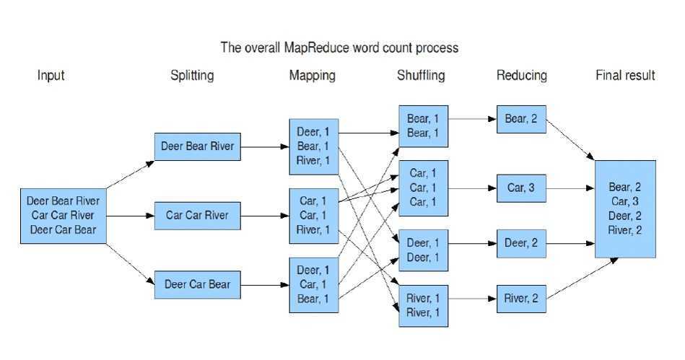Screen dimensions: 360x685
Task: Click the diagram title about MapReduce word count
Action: (339, 48)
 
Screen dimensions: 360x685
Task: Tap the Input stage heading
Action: (51, 75)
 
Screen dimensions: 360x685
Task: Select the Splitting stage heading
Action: (192, 75)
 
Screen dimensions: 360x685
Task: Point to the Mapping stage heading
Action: (312, 75)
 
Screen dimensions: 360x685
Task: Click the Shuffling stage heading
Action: (421, 75)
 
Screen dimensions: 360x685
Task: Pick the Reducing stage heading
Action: (522, 75)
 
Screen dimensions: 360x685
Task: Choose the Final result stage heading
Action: (625, 75)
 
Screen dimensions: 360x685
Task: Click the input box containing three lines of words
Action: (64, 215)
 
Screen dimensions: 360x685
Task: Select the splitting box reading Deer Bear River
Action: (197, 146)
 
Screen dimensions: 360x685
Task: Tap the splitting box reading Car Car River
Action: (197, 215)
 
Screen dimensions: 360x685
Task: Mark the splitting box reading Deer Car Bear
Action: (197, 284)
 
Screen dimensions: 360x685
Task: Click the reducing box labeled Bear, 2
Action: (521, 119)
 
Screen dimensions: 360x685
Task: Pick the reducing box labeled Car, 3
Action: (521, 188)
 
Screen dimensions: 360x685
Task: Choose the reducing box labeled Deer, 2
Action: (521, 243)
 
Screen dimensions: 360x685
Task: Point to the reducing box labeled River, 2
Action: (521, 299)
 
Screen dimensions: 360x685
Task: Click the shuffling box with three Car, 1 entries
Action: (423, 188)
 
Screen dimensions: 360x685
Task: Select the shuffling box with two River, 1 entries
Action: (423, 305)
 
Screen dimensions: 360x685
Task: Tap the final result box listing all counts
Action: (625, 208)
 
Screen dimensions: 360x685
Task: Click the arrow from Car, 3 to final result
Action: (570, 189)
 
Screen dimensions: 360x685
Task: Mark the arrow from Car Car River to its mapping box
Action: (264, 215)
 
